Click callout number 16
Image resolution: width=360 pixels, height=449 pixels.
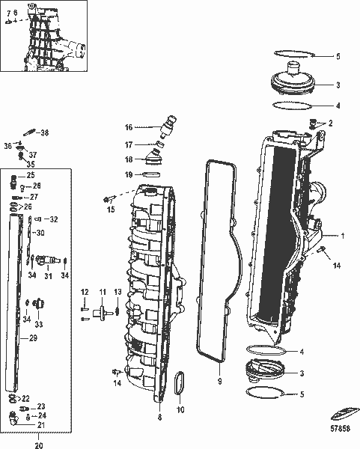click(128, 127)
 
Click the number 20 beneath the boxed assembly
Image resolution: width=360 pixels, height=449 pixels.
click(38, 445)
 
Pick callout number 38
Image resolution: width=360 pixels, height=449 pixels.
click(44, 132)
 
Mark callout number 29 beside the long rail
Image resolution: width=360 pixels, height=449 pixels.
click(33, 338)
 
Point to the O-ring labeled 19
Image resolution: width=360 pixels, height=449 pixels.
click(150, 174)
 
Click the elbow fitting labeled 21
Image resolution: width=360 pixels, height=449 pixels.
click(16, 417)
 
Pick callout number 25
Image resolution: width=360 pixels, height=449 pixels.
click(31, 175)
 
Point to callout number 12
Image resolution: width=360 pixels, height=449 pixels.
click(85, 292)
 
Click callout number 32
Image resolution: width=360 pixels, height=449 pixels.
click(52, 219)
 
